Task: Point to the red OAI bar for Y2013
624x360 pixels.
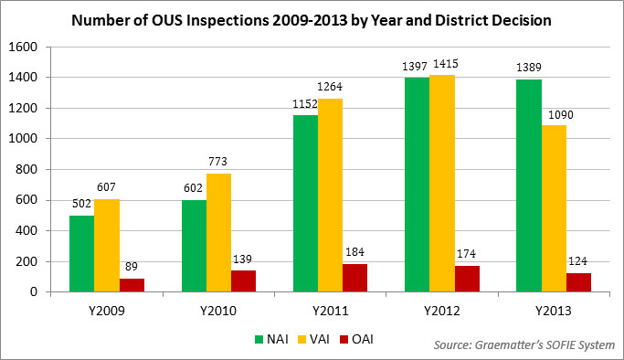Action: (x=579, y=282)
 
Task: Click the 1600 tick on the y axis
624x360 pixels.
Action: (x=25, y=47)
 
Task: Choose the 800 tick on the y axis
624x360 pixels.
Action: (x=28, y=169)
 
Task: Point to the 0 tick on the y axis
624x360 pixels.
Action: (x=35, y=291)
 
